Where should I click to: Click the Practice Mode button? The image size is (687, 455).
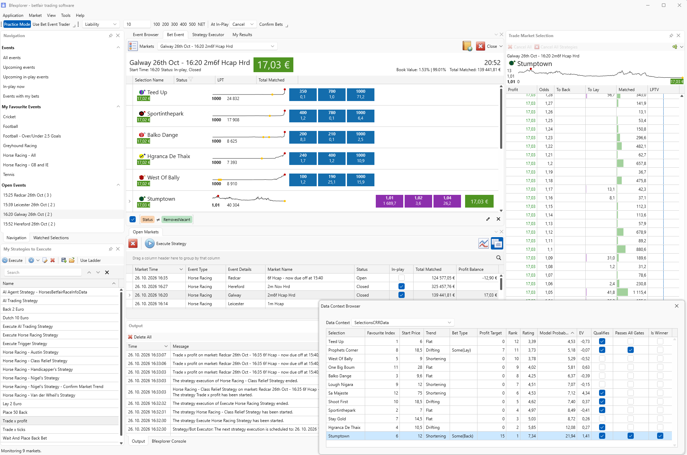(17, 24)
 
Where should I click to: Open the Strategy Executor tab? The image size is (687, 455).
(208, 35)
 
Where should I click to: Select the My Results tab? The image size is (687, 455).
(242, 35)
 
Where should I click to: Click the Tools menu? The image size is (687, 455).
(66, 15)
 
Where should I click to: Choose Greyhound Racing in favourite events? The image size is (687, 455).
(20, 146)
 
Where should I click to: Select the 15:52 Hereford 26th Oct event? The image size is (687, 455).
(29, 224)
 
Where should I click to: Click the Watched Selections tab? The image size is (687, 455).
(51, 238)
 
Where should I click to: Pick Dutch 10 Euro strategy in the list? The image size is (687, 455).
(16, 318)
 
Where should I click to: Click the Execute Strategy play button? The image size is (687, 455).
(150, 244)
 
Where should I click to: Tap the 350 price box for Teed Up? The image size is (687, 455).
(303, 94)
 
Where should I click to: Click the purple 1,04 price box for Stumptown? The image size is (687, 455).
(447, 201)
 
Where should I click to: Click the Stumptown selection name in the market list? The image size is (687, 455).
(161, 199)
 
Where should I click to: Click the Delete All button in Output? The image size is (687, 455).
(140, 337)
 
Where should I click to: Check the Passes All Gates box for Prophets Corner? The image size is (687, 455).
(630, 350)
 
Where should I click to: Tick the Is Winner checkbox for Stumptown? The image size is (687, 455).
(660, 436)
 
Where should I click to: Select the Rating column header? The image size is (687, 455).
(528, 333)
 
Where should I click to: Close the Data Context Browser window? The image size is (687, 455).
(677, 306)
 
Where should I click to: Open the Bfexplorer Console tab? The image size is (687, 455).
(169, 441)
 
